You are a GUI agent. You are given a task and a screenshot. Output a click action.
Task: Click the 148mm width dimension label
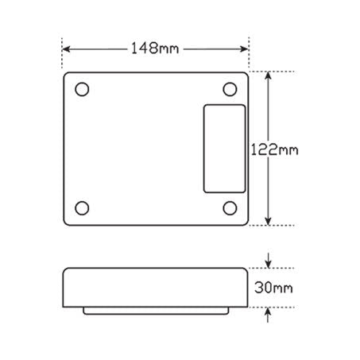coord(154,48)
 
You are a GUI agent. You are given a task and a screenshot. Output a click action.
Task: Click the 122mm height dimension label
coord(274,149)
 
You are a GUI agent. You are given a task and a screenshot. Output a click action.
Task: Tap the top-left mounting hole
coord(82,87)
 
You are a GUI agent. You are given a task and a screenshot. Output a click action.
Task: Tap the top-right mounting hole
coord(230,87)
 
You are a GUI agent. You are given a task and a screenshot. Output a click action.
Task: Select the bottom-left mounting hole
coord(82,208)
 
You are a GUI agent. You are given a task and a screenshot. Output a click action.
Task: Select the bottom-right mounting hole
coord(230,208)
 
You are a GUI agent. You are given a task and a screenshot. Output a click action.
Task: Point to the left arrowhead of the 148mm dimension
coord(66,49)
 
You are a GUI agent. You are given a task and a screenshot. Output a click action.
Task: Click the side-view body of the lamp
coord(155,285)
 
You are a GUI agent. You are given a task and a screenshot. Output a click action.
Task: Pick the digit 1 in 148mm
coord(134,48)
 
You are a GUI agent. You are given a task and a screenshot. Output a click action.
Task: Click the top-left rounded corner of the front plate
coord(65,75)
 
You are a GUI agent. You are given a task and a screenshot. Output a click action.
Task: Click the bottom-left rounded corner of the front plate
coord(65,222)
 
